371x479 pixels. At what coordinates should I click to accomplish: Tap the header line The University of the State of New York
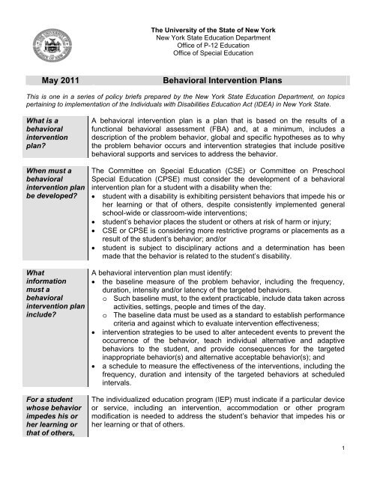(215, 7)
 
